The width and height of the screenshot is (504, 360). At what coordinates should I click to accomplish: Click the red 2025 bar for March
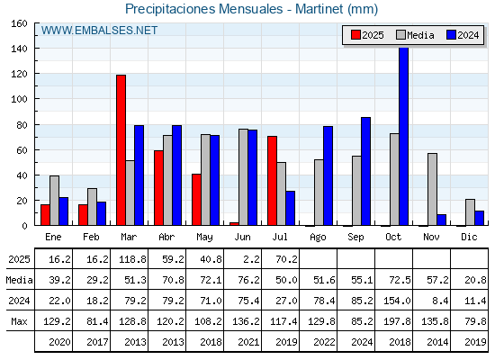click(121, 150)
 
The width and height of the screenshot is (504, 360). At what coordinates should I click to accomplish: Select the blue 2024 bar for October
click(403, 136)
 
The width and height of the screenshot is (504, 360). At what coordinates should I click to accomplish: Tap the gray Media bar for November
click(432, 189)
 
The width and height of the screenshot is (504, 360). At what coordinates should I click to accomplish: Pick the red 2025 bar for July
click(272, 181)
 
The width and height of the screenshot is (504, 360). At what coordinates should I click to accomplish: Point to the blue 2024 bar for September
click(365, 171)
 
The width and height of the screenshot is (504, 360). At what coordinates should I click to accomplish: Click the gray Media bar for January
click(54, 201)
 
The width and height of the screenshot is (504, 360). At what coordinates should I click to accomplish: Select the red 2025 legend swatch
click(355, 35)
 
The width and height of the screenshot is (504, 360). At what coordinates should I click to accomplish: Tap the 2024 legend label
click(468, 35)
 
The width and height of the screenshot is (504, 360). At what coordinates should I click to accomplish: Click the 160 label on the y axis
click(19, 23)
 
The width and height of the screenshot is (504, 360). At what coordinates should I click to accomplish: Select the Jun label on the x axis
click(242, 238)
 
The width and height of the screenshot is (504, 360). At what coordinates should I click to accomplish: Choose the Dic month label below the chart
click(469, 238)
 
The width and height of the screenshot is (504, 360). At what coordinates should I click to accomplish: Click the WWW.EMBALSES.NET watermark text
click(99, 31)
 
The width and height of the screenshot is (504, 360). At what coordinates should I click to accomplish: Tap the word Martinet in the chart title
click(319, 9)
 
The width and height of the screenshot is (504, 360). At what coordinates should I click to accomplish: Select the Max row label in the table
click(19, 321)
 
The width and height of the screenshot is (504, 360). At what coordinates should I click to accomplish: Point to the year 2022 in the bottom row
click(324, 342)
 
